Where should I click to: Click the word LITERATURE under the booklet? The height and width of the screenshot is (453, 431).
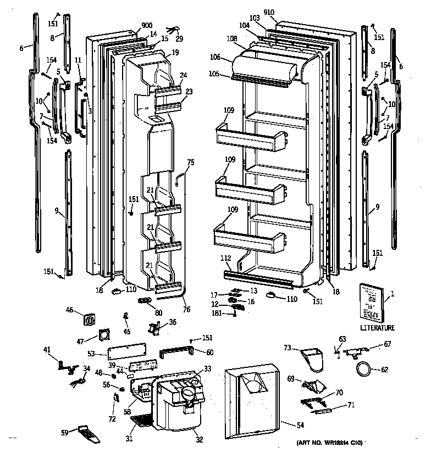(377, 328)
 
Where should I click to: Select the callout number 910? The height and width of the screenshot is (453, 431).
(284, 12)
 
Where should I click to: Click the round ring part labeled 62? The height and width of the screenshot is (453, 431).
(363, 369)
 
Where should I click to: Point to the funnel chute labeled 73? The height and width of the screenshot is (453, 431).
(313, 359)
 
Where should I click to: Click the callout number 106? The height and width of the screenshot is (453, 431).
(214, 57)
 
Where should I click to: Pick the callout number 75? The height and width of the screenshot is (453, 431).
(191, 162)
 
